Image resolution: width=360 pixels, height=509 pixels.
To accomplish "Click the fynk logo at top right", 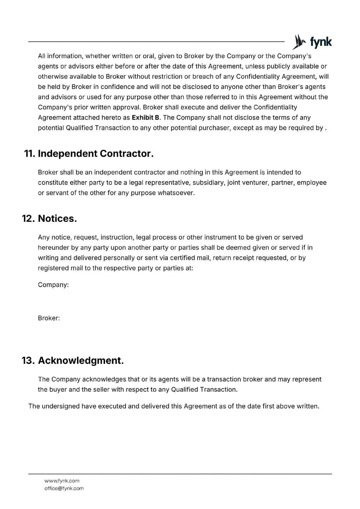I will tap(312, 42).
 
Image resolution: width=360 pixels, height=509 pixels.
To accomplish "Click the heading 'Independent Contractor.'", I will tap(96, 154).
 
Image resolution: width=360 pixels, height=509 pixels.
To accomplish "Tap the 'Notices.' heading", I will tap(57, 219).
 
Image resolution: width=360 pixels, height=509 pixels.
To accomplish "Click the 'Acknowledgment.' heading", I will tap(81, 360).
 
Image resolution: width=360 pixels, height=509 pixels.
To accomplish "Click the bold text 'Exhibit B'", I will tap(145, 118).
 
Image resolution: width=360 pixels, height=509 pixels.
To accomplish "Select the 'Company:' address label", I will tap(53, 285).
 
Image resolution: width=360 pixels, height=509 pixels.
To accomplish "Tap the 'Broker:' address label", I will tap(49, 318).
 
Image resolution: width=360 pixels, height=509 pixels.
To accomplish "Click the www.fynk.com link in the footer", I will tap(62, 481).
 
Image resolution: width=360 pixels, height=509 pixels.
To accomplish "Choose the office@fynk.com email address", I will tap(64, 488).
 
